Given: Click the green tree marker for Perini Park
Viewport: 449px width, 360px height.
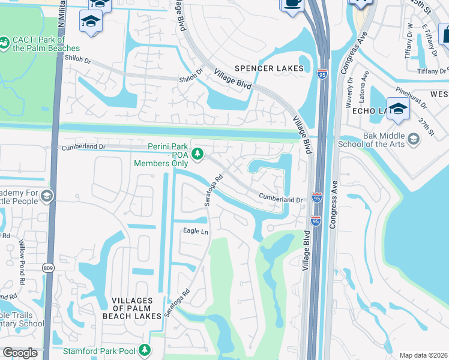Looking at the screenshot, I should tap(197, 154).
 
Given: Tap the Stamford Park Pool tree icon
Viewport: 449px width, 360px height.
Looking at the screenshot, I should tap(143, 349).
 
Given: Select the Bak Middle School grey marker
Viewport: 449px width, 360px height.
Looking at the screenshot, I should tap(413, 139).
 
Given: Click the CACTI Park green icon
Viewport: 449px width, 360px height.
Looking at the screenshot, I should tap(4, 42).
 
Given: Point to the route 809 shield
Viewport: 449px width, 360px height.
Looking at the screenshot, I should tap(48, 268).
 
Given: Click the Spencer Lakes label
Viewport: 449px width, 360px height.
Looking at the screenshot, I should tap(270, 68).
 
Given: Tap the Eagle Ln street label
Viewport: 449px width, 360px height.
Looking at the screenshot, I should tap(195, 232).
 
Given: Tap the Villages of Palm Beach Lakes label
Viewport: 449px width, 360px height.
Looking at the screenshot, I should tap(137, 307).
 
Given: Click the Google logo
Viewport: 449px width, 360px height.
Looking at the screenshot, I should tap(20, 352).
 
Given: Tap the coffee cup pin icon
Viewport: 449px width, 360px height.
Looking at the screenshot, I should tap(292, 4).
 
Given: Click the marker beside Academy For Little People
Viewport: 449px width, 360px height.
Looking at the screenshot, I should tap(46, 196).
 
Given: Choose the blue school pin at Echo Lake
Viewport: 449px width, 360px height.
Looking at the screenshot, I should tap(398, 110).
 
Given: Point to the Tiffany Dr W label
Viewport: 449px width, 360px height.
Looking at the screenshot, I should tap(411, 37).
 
